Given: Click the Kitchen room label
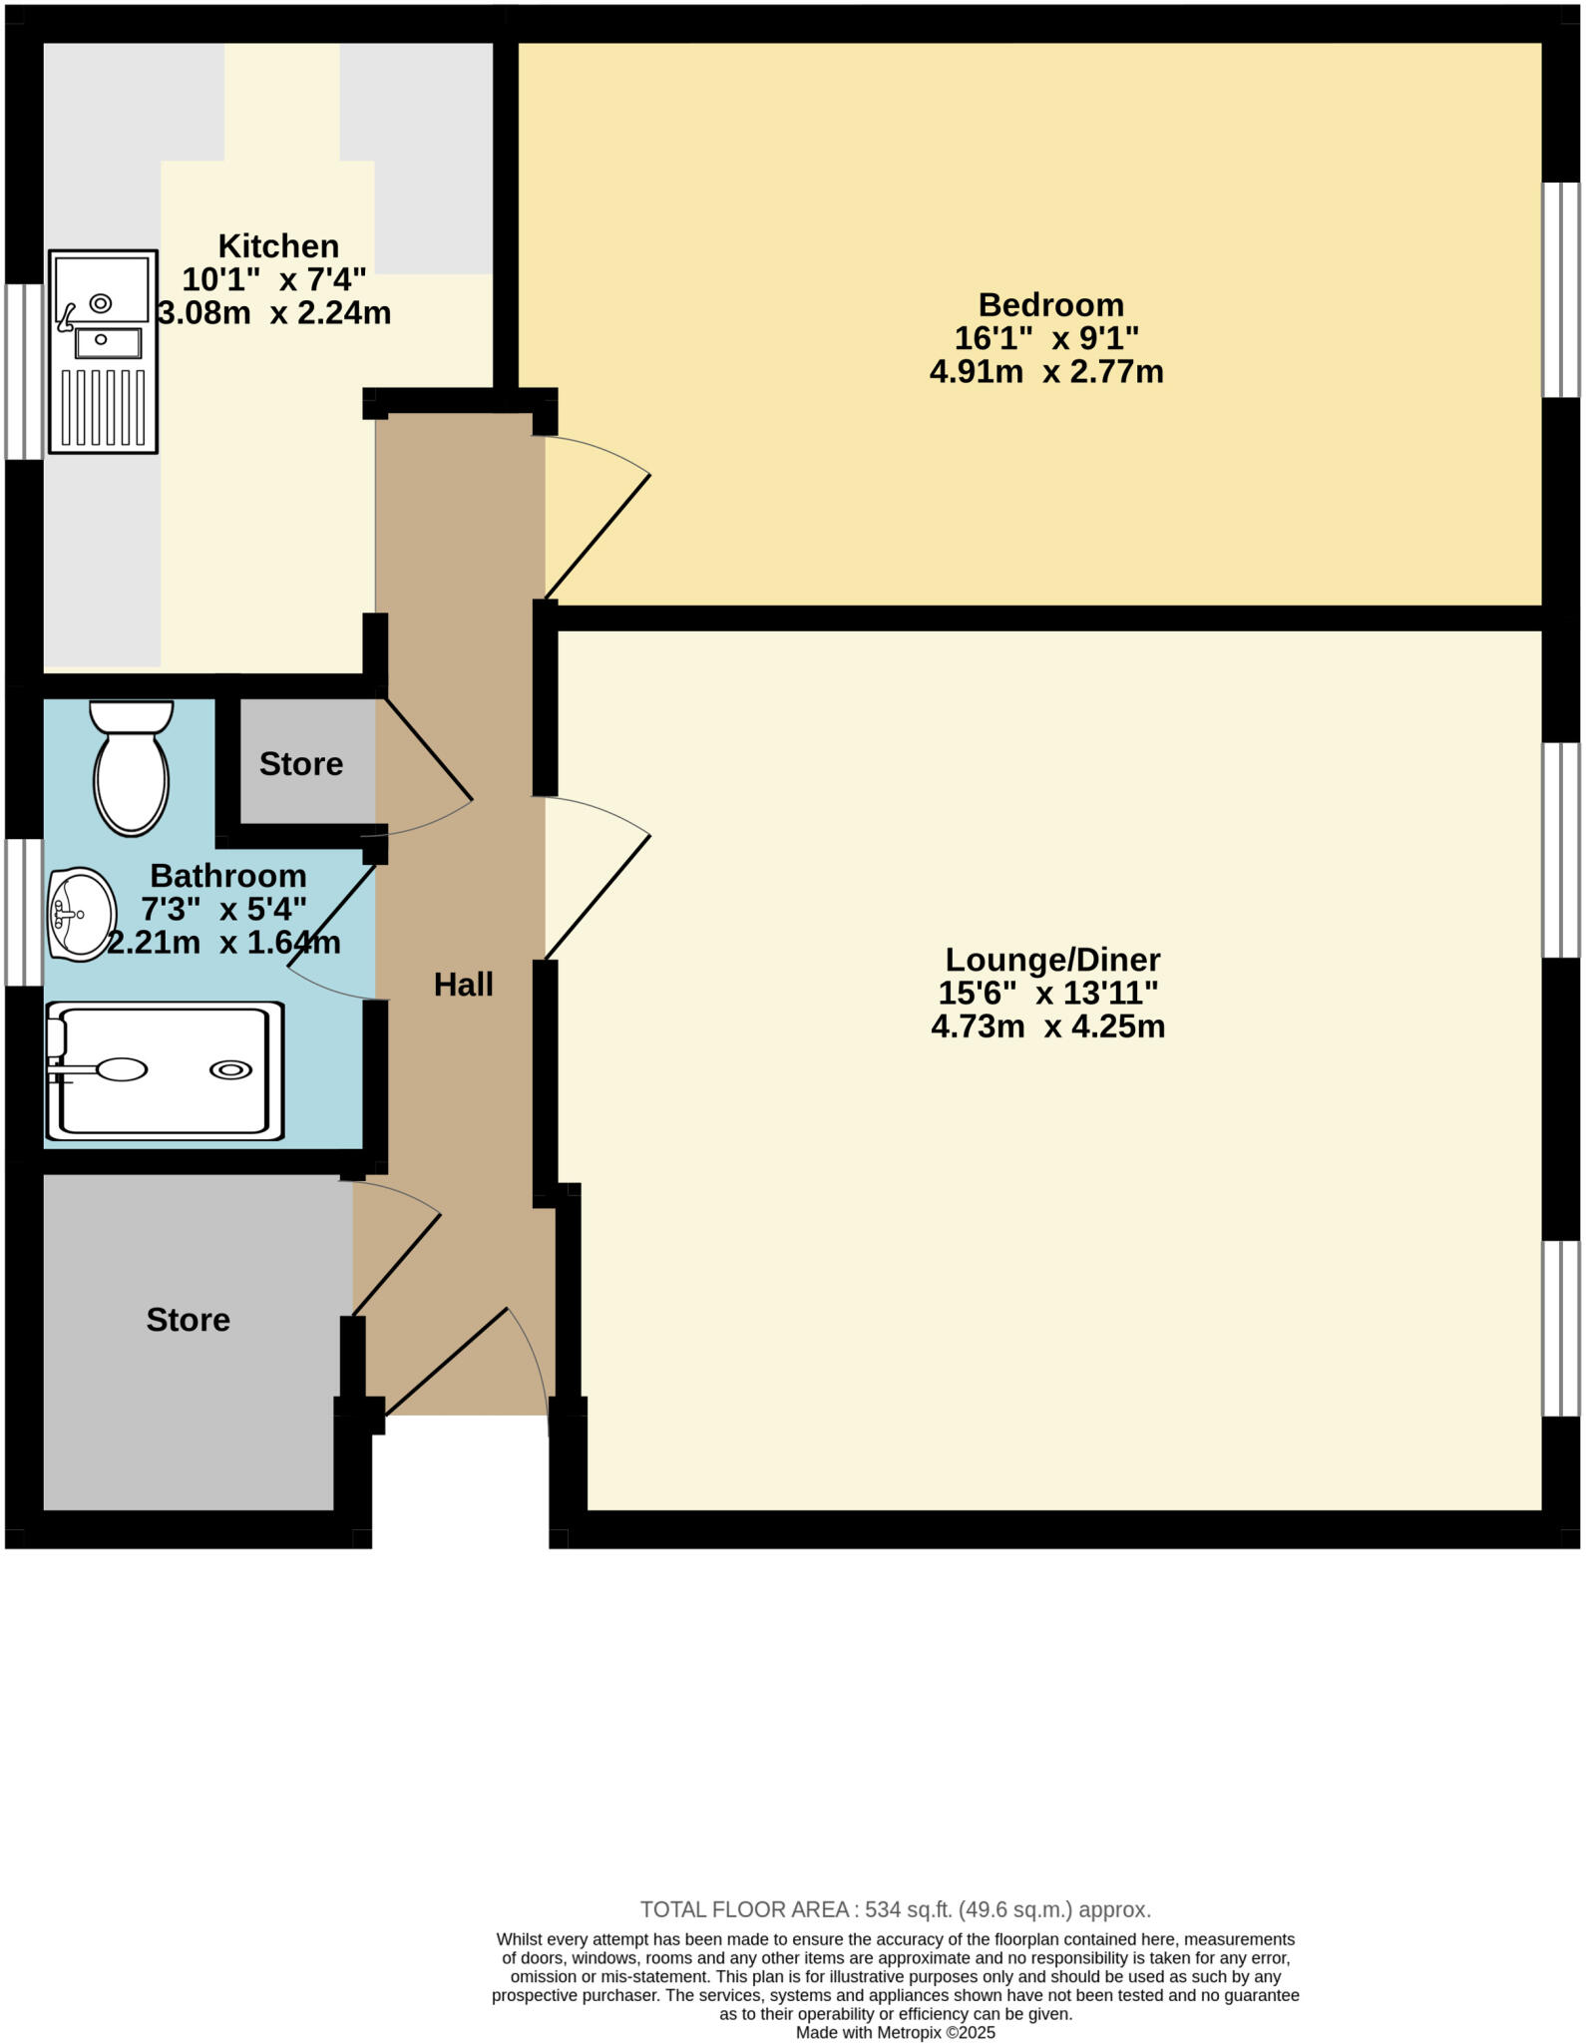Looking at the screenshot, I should click(x=278, y=245).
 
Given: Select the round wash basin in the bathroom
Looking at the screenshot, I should click(x=81, y=913).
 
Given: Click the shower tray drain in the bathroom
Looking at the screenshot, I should click(x=230, y=1070).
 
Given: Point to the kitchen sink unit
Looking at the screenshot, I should click(x=103, y=351).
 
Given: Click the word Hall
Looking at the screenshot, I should click(x=463, y=985).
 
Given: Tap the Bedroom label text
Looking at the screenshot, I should click(x=1050, y=304).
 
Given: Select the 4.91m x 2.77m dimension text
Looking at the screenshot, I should click(x=1046, y=372).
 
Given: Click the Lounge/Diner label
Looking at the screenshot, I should click(x=1052, y=960).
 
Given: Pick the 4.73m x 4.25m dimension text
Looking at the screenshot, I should click(x=1047, y=1026).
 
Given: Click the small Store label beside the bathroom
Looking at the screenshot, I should click(x=300, y=764).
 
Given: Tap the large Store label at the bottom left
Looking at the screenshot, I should click(x=188, y=1320).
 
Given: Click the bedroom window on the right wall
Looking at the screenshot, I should click(x=1561, y=289).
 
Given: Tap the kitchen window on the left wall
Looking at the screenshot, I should click(x=24, y=371).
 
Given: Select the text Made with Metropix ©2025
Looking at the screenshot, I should click(x=895, y=2032).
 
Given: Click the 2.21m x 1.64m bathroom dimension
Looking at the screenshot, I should click(x=223, y=943).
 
